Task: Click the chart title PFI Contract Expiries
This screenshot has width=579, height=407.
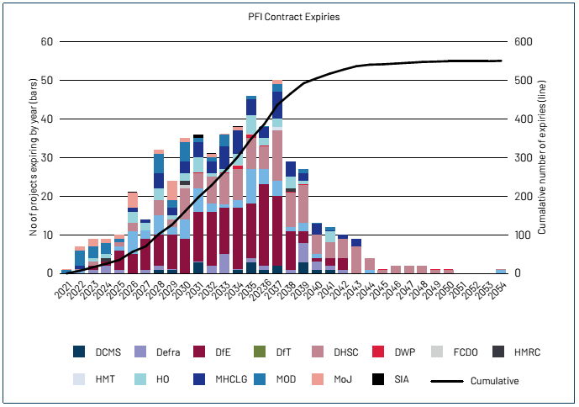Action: click(289, 17)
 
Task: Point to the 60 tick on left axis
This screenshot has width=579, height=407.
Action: click(47, 42)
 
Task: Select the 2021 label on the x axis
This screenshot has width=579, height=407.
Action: click(62, 289)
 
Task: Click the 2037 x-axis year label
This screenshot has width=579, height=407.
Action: click(273, 289)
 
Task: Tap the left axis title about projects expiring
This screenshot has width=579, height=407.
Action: click(32, 157)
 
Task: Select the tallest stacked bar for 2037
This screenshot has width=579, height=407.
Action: click(276, 177)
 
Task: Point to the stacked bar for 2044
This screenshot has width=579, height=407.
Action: click(369, 266)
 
